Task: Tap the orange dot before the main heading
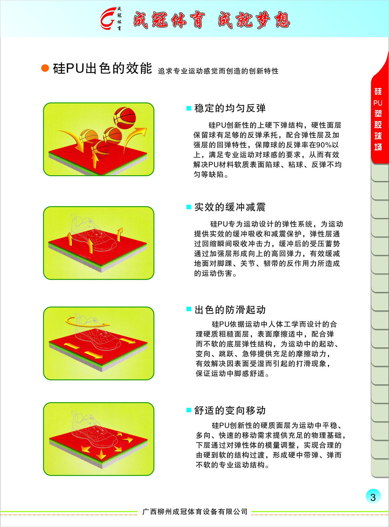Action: click(x=45, y=68)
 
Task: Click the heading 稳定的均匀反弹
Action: click(x=230, y=108)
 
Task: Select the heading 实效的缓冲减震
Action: click(x=230, y=207)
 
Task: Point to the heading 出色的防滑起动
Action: click(x=230, y=310)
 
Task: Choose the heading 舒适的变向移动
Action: click(x=230, y=410)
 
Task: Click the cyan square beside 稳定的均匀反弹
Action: click(x=189, y=108)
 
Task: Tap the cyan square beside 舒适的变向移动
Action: click(x=189, y=410)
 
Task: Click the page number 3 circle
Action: click(x=373, y=496)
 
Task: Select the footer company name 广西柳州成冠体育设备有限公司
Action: click(x=195, y=511)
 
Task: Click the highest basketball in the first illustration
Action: click(x=125, y=118)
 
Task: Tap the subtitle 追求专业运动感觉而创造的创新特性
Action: click(x=218, y=71)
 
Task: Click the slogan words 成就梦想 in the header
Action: click(x=254, y=20)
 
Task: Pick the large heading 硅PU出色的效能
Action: click(x=102, y=68)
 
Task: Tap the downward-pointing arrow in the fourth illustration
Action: click(x=102, y=454)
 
